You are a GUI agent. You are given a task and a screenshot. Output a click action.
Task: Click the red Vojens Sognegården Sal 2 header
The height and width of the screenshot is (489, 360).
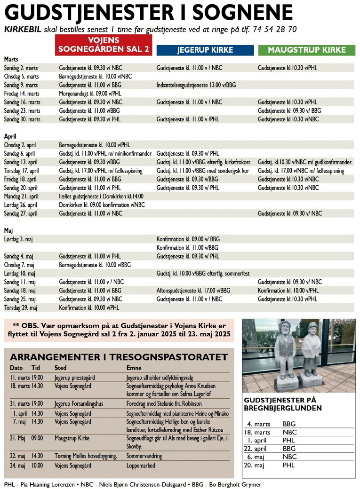click(x=104, y=45)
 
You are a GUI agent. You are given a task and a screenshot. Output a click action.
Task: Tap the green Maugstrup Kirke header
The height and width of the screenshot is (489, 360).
click(x=306, y=50)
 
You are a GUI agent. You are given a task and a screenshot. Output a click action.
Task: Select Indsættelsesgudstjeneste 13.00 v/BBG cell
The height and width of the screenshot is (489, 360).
click(x=196, y=85)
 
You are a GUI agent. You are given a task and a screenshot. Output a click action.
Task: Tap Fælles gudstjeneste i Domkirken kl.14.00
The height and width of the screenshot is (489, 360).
click(x=101, y=196)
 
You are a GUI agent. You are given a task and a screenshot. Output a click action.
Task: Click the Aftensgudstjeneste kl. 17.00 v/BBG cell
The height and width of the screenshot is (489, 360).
click(x=193, y=291)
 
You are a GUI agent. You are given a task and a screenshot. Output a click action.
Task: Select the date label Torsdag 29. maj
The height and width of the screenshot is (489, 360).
click(x=21, y=308)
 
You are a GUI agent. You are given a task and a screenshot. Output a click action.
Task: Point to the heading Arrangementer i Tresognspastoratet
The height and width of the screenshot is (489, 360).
click(x=119, y=357)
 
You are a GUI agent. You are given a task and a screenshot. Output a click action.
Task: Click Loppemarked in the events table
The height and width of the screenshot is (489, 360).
click(x=140, y=465)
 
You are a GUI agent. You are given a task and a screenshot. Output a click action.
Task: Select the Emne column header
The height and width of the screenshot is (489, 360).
click(x=134, y=368)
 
